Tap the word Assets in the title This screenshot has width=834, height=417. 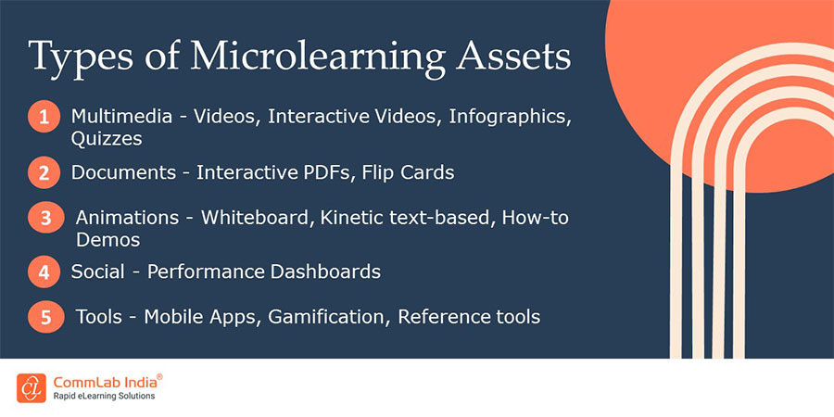[x=513, y=56]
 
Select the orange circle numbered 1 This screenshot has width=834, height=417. [x=44, y=116]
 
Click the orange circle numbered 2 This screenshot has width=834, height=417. [x=44, y=173]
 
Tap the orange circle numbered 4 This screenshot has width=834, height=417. [x=44, y=272]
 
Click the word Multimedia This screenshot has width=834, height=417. [x=121, y=116]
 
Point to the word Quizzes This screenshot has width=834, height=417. [x=107, y=139]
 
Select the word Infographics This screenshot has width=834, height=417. [x=510, y=117]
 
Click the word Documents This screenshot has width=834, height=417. [x=123, y=172]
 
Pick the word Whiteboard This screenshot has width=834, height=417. [x=254, y=218]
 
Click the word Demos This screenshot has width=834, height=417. [x=108, y=240]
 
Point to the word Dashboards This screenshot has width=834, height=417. [x=325, y=272]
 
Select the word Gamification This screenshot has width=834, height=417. [x=326, y=317]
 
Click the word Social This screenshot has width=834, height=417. [x=98, y=272]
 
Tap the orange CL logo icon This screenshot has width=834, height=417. [x=32, y=387]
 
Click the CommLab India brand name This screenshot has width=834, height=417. [x=106, y=382]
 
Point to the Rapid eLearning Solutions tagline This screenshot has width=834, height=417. [x=104, y=396]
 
